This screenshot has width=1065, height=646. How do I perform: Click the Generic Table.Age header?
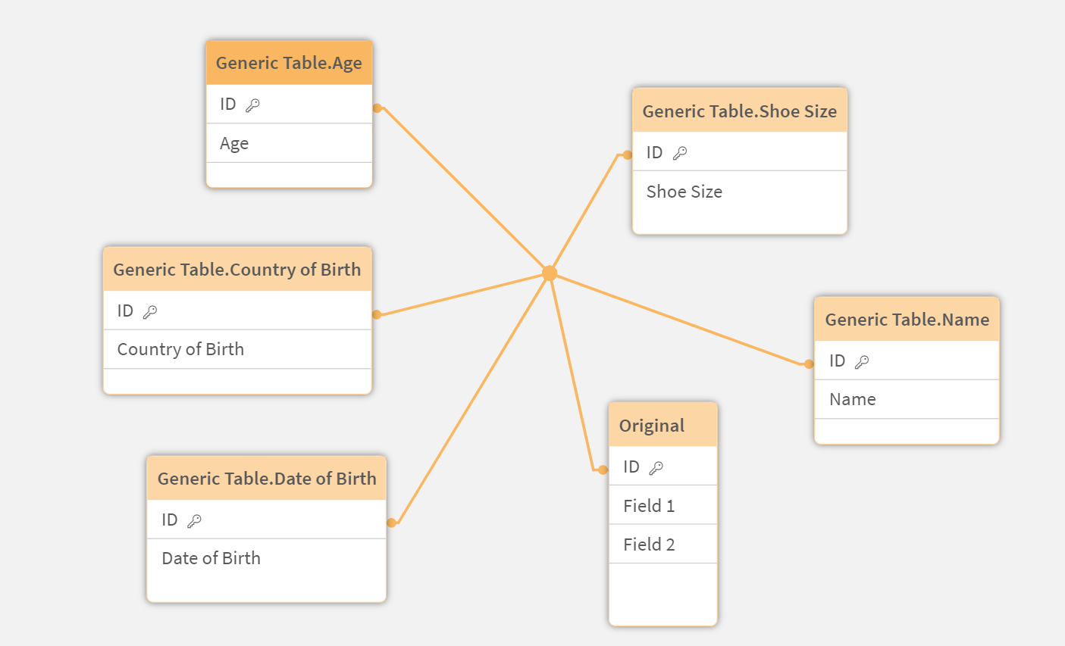coord(289,63)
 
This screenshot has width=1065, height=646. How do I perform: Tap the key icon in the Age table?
coord(252,105)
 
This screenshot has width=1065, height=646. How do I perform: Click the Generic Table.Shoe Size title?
coord(739,111)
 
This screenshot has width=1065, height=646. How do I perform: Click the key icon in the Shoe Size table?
coord(680,153)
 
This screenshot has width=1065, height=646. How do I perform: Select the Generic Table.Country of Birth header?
coord(236,270)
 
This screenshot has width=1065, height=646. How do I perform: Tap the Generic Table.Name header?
coord(907,320)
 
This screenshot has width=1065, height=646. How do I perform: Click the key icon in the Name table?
coord(862,362)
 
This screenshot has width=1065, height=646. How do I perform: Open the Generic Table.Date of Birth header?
coord(266,479)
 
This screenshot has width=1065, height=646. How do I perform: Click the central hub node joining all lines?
coord(550,273)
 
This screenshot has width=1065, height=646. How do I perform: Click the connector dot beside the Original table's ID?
coord(603,470)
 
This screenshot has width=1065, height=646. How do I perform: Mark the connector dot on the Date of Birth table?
coord(391,523)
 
